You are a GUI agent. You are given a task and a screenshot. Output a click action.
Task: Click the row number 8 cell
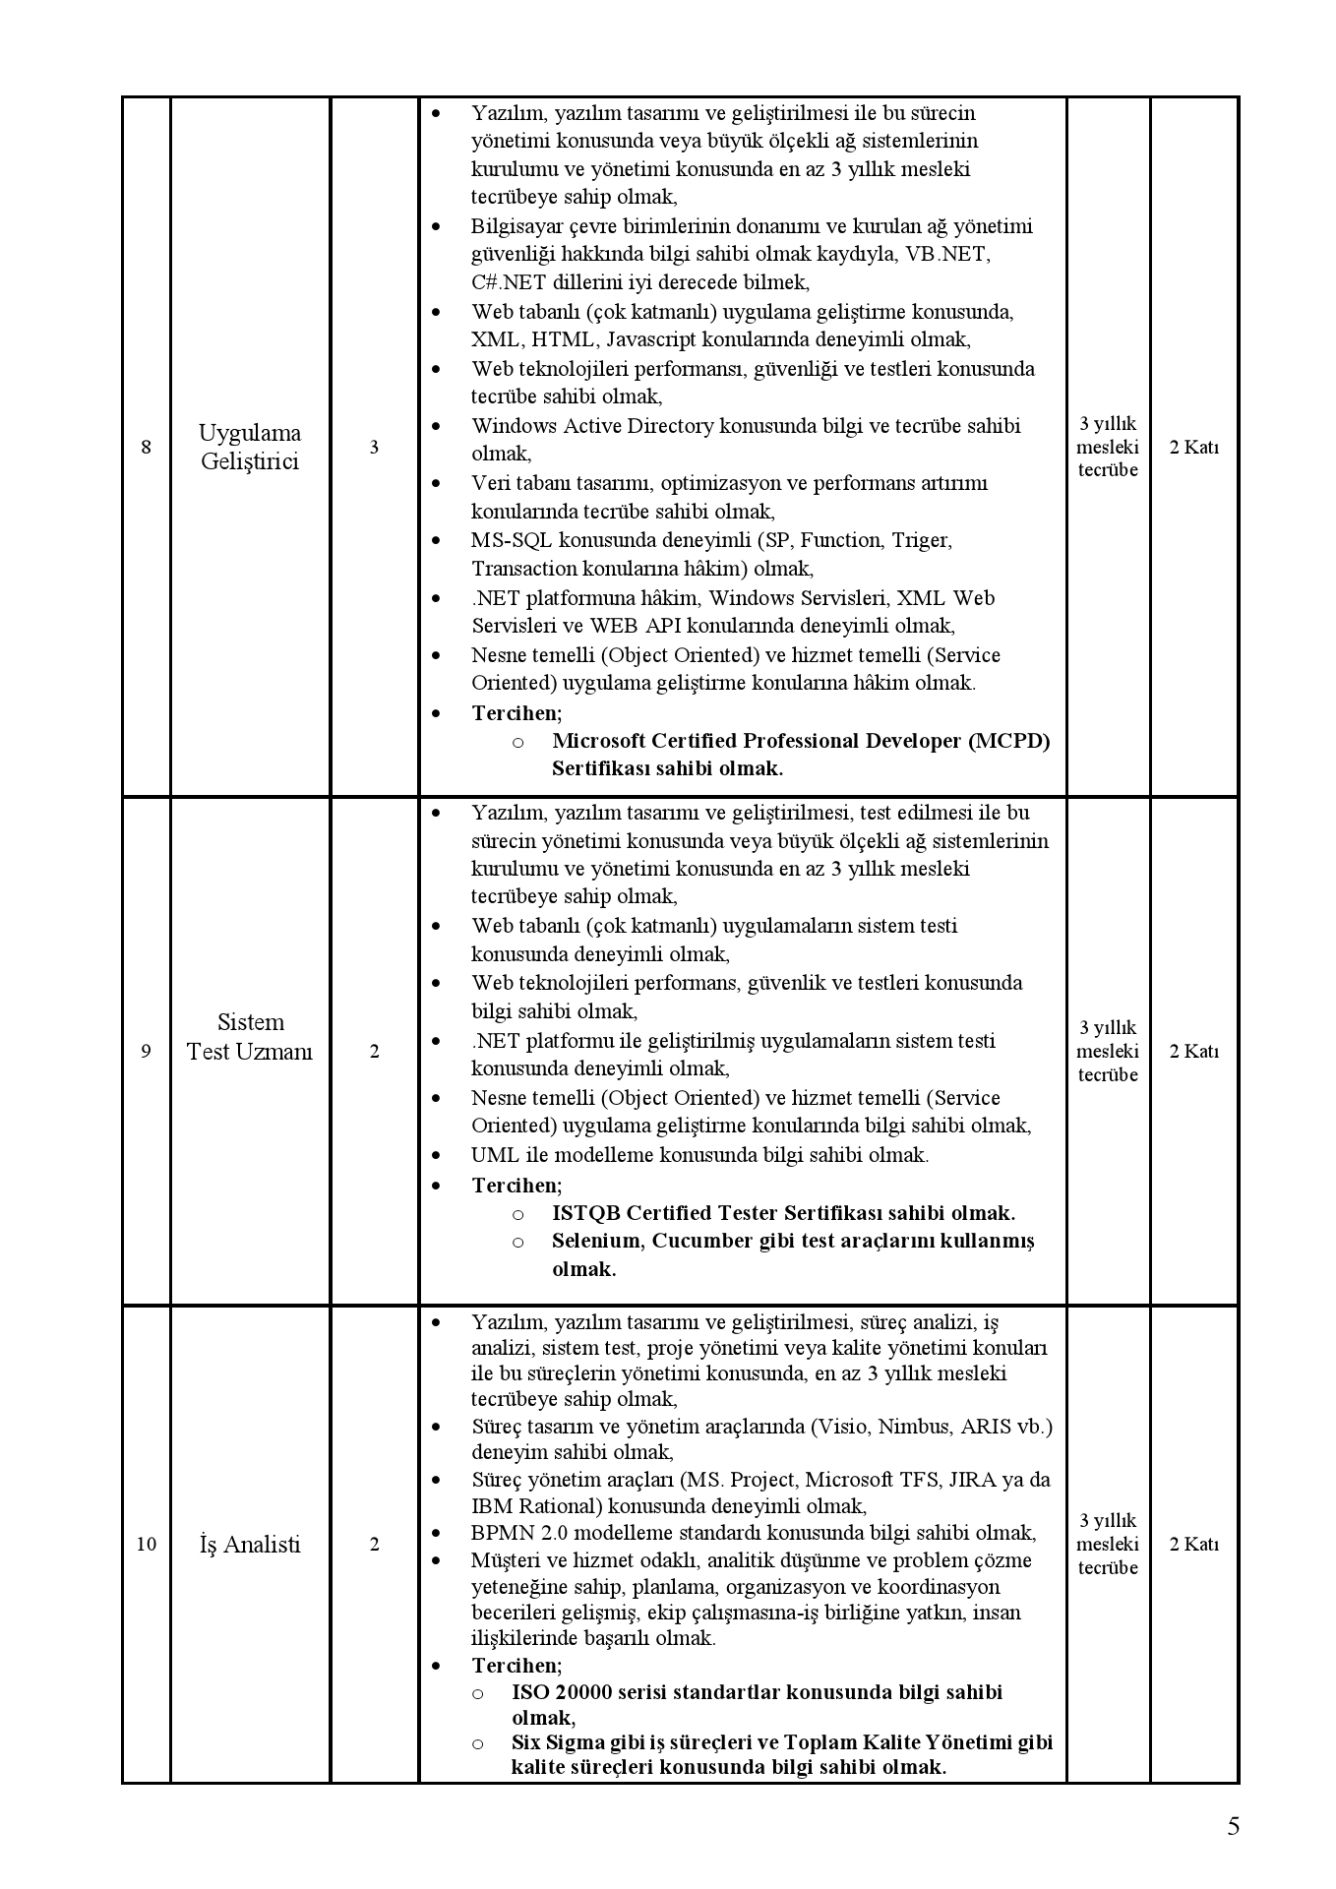(147, 448)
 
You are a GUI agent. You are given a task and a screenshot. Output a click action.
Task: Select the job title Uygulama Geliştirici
(250, 448)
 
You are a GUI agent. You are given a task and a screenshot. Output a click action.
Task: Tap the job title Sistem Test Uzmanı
(250, 1037)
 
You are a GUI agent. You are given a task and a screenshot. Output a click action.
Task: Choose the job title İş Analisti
(250, 1544)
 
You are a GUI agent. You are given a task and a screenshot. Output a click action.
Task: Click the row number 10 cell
(147, 1544)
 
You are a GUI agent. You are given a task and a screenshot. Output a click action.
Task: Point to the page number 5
(1233, 1826)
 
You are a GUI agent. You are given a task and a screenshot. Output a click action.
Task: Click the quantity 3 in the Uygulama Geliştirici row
(374, 448)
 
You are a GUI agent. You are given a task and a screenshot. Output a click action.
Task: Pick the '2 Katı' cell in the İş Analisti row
(1193, 1544)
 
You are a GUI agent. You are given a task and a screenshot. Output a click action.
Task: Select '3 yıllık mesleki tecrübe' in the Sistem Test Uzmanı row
(1107, 1051)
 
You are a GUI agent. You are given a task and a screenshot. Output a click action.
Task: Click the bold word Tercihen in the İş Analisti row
(516, 1665)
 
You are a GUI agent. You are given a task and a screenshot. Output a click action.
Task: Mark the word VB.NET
(948, 254)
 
